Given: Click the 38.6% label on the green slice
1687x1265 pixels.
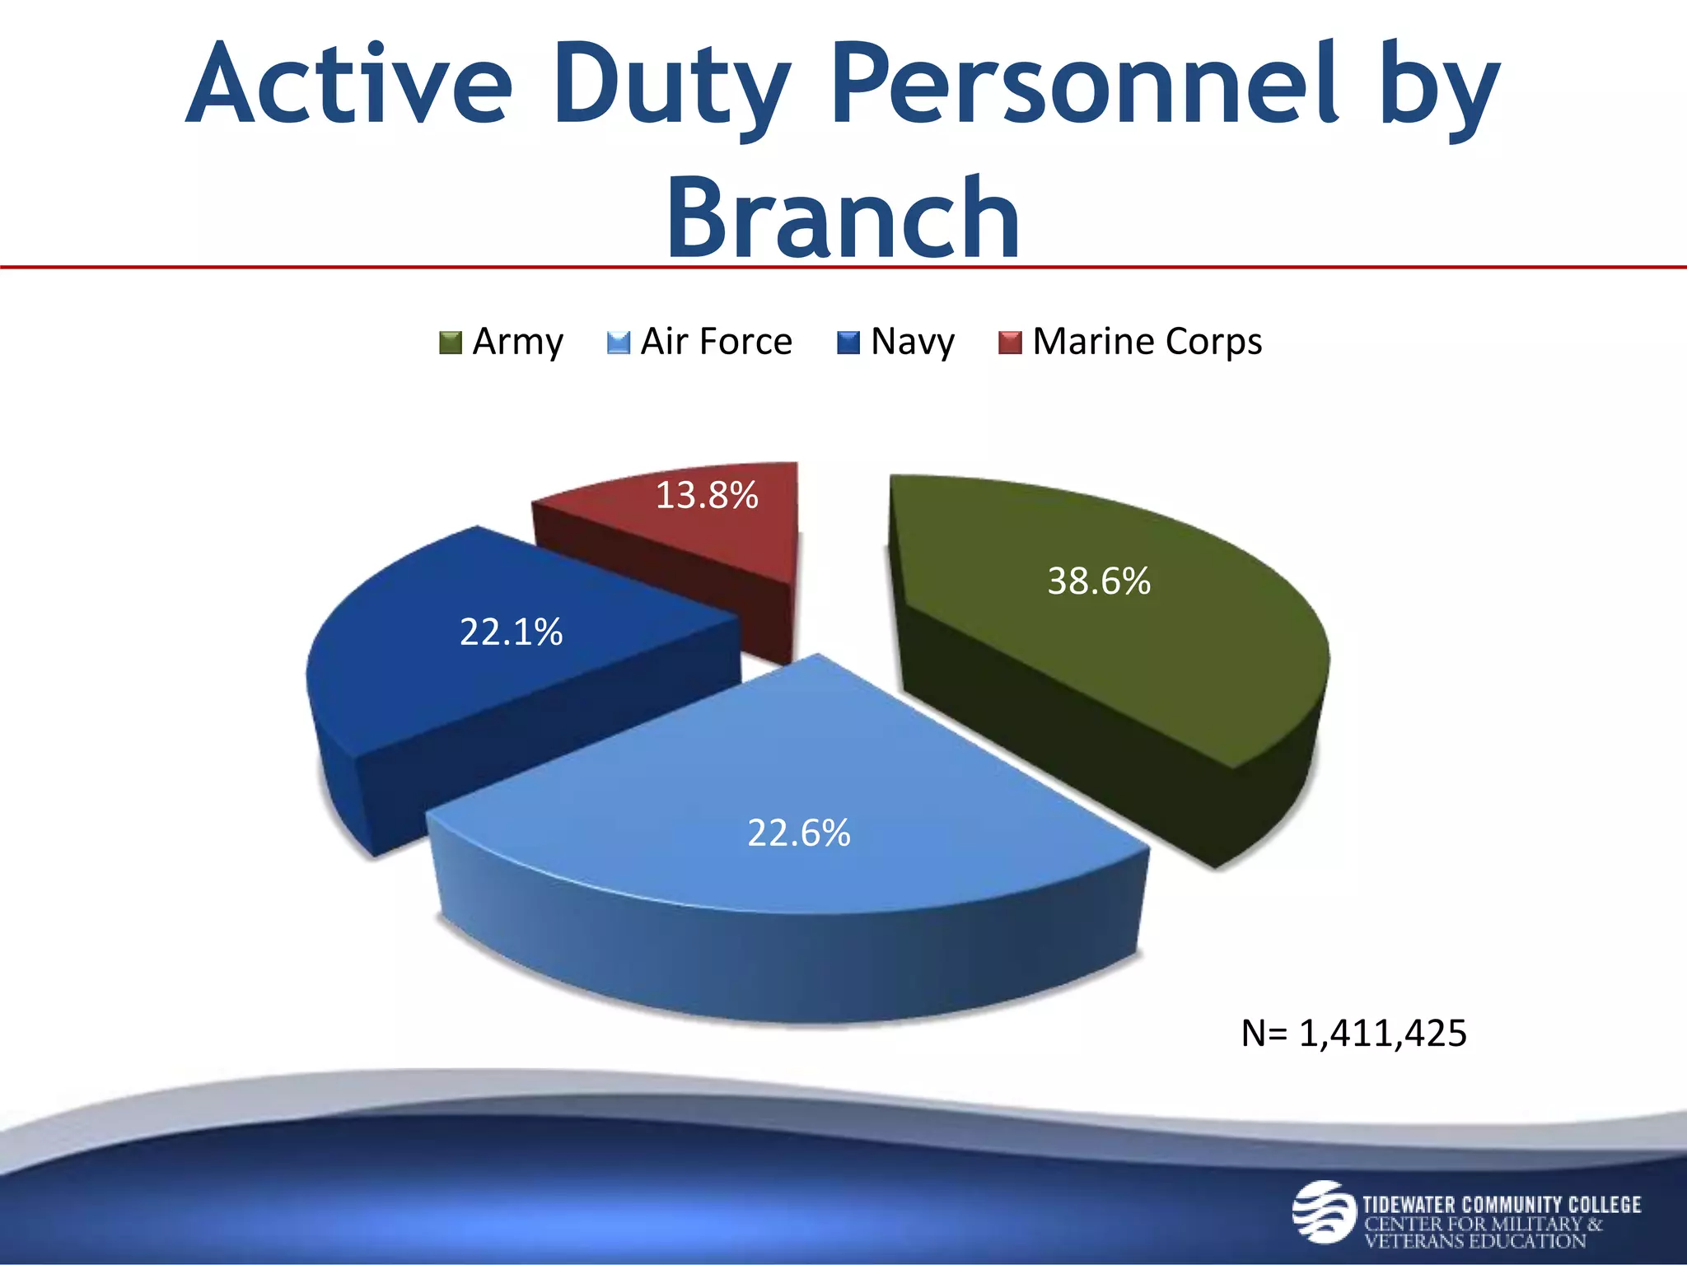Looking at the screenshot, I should (x=1098, y=581).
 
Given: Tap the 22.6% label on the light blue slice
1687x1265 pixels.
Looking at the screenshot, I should (x=798, y=833).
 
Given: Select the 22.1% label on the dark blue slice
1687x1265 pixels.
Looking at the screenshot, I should (x=511, y=632).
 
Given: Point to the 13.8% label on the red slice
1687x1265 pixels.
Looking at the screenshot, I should (x=706, y=496).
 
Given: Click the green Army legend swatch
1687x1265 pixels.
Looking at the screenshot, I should (x=451, y=343).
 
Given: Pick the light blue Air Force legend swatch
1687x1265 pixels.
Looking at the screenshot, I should (x=618, y=343).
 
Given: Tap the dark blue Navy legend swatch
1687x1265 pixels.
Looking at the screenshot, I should (x=848, y=343).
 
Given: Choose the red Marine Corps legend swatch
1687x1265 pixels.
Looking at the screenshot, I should (x=1010, y=343).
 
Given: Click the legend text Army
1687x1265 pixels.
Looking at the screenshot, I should (x=517, y=342).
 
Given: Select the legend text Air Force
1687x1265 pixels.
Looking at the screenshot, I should (x=716, y=342).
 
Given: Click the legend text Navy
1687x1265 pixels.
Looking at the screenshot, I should (x=913, y=342).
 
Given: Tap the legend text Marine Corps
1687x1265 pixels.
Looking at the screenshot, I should (x=1147, y=342).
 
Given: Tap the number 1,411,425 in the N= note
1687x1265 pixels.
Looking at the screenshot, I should (x=1382, y=1034).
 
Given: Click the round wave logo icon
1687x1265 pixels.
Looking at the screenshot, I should (x=1323, y=1211).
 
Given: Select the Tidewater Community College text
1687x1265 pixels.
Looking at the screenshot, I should (x=1501, y=1205).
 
